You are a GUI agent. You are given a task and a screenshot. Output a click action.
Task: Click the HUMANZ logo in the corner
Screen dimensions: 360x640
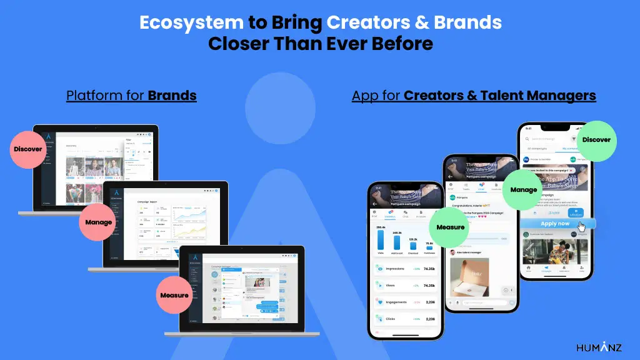tap(599, 347)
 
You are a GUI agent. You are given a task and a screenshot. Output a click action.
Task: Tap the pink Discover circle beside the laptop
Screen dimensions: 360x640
tap(28, 149)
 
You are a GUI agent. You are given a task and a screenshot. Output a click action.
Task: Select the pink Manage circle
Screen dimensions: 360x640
tap(99, 222)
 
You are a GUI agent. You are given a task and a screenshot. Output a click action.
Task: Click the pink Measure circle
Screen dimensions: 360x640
tap(174, 295)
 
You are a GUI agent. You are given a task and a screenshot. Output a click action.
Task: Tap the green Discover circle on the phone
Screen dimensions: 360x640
tap(596, 140)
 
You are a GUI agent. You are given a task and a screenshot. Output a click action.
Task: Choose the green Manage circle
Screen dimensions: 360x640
tap(524, 189)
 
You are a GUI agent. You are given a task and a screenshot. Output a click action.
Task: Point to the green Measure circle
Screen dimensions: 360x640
tap(450, 227)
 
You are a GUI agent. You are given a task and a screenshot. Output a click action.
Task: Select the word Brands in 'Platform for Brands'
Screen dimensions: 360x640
tap(172, 96)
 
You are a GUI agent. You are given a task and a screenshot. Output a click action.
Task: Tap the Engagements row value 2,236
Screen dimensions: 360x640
tap(429, 302)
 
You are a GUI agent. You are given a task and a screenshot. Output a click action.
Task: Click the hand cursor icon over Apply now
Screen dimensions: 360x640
tap(581, 227)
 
